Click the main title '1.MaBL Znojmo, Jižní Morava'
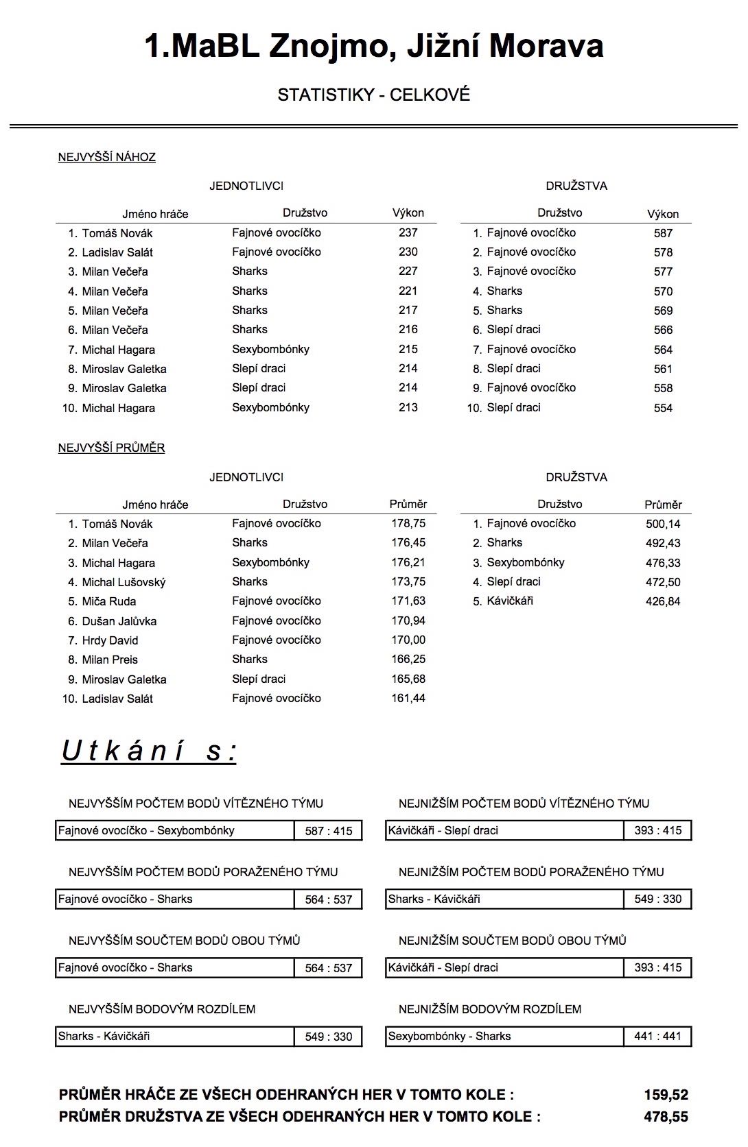(374, 47)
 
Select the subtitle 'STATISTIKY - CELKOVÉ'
(374, 95)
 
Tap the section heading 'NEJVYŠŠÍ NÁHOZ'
(107, 157)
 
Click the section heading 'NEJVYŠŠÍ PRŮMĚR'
(111, 448)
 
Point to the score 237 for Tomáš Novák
(408, 232)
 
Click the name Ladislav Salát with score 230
(117, 252)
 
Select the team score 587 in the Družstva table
(663, 233)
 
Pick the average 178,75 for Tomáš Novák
(408, 523)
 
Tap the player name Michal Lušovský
(124, 582)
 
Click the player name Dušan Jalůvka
(119, 621)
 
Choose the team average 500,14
(663, 524)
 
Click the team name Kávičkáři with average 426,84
(510, 601)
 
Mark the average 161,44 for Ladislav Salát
(408, 698)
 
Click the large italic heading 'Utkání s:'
(149, 751)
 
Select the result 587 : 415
(329, 831)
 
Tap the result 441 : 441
(658, 1036)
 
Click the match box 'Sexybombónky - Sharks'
(449, 1036)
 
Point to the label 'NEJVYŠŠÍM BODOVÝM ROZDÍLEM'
(162, 1009)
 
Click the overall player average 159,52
(666, 1095)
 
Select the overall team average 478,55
(666, 1117)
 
